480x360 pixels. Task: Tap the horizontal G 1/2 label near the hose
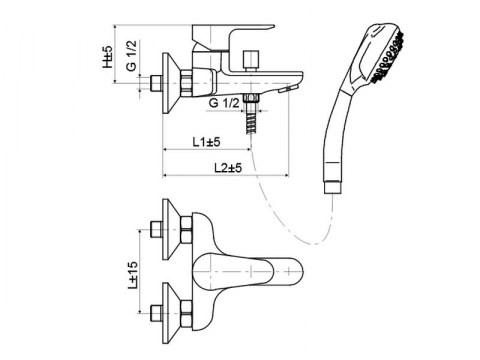coord(223,103)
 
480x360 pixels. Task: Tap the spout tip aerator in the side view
coord(291,90)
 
